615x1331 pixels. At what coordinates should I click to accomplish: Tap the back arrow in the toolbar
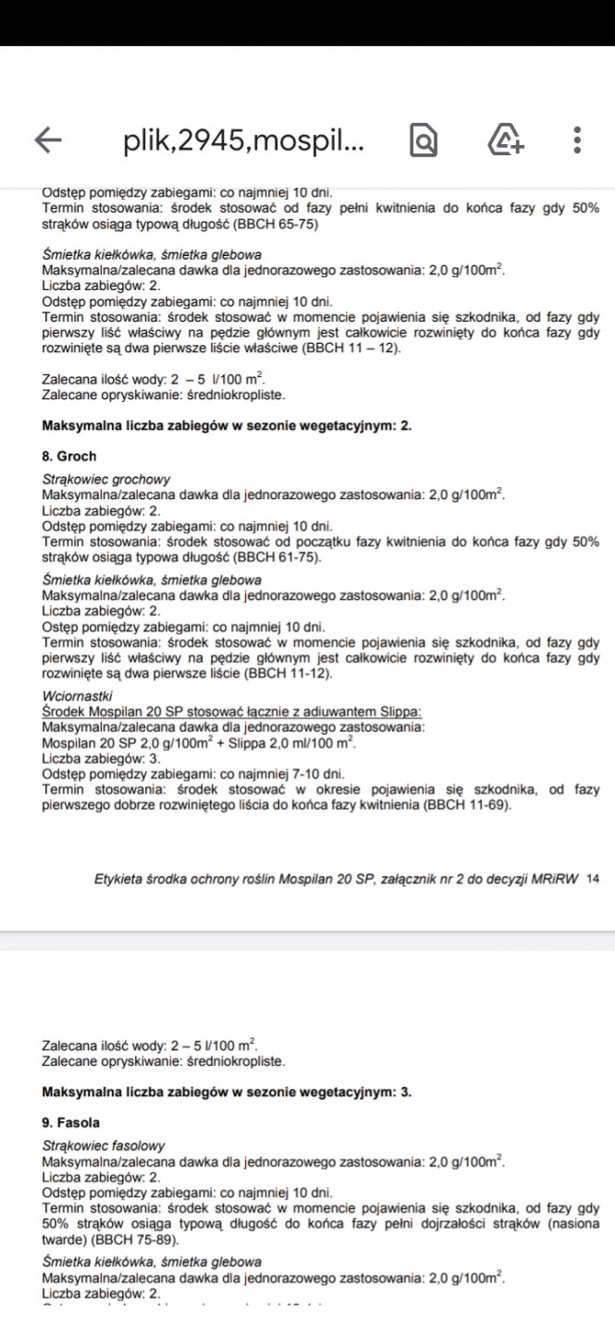click(x=48, y=140)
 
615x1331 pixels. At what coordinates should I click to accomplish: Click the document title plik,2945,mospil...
click(x=243, y=140)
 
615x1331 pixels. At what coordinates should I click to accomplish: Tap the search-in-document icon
click(x=424, y=140)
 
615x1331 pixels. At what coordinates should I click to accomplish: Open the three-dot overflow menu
click(x=577, y=140)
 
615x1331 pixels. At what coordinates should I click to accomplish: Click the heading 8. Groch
click(x=69, y=456)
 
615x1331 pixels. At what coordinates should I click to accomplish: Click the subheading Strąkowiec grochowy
click(x=106, y=480)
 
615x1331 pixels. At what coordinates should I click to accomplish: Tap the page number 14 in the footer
click(x=593, y=879)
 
